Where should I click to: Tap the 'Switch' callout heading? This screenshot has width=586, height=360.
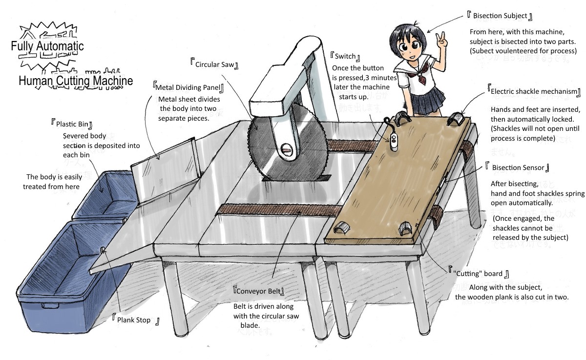(x=345, y=57)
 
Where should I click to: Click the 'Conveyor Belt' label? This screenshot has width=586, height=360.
(x=259, y=292)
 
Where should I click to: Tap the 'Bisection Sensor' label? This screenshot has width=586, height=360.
(x=518, y=168)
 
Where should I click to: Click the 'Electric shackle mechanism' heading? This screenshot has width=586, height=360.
(x=534, y=92)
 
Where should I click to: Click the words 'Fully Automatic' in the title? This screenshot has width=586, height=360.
(x=47, y=46)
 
